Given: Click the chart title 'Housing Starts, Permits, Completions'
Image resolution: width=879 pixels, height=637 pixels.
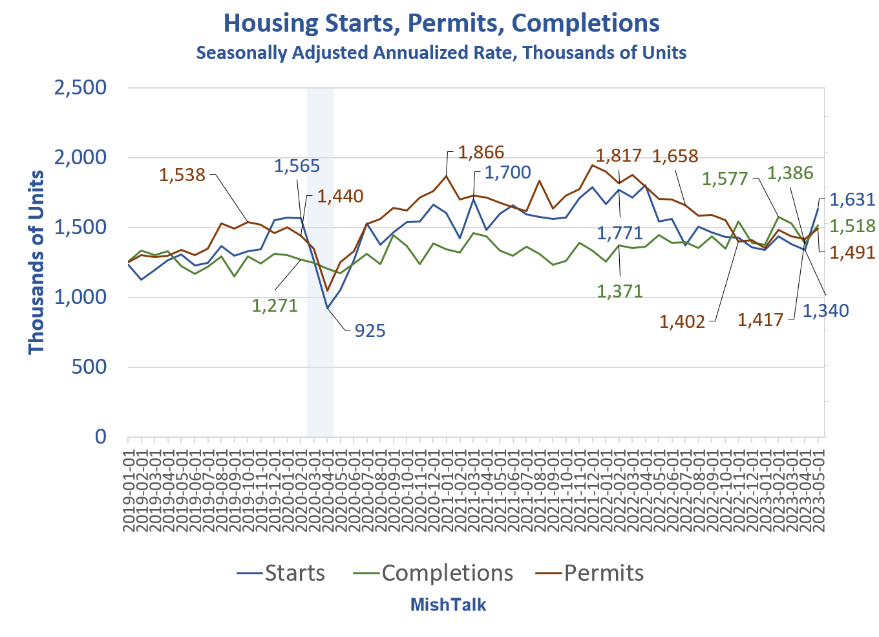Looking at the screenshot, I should tap(441, 23).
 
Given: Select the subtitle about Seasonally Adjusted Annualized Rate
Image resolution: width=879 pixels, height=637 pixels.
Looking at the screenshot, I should tap(441, 52).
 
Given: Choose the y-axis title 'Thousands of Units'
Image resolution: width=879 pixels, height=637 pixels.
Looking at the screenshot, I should tap(37, 262).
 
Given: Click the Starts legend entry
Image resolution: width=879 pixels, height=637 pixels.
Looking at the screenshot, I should tap(281, 573).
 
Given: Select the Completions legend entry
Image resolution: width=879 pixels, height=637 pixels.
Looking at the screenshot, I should tap(433, 573).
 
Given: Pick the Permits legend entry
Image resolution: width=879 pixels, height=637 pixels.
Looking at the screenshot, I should tap(590, 573).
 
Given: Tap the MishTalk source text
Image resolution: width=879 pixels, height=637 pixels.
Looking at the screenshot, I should tap(448, 605).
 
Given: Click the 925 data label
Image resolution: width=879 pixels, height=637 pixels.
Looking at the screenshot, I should tap(370, 331).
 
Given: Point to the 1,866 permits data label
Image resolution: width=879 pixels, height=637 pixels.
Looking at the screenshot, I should tap(481, 153).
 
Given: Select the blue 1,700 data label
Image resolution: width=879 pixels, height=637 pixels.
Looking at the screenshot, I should tap(507, 173).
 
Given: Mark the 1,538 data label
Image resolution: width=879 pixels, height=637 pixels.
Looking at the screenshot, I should tap(182, 175).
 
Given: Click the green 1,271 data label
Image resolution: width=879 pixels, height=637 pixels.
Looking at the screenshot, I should tap(275, 305).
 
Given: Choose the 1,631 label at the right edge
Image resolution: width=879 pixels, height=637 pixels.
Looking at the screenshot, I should tap(852, 200).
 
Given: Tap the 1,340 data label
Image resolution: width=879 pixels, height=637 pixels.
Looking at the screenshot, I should tap(825, 311).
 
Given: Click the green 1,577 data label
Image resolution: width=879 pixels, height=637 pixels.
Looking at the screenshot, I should tap(725, 179).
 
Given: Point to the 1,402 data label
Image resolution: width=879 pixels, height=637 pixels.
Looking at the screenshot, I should tap(682, 321).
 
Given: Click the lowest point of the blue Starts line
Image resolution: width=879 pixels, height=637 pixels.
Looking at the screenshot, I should tap(327, 308).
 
